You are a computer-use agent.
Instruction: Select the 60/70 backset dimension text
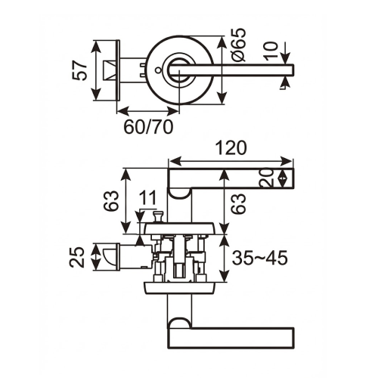(147, 125)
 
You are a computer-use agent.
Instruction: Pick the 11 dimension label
(148, 197)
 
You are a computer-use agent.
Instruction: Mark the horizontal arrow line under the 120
(231, 160)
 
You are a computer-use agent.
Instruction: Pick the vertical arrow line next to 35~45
(225, 258)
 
